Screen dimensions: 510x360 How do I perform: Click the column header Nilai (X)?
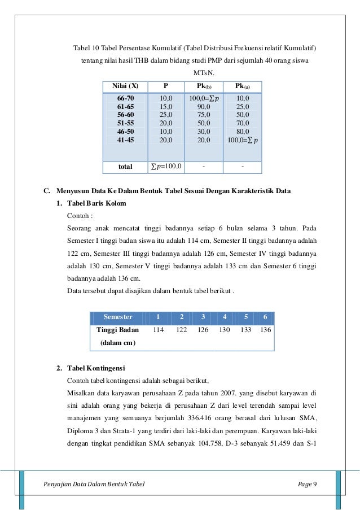point(125,86)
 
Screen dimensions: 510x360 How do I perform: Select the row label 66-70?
point(125,98)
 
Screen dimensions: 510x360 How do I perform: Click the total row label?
point(125,167)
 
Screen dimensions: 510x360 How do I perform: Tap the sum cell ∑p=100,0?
point(165,167)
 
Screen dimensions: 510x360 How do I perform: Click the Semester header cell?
point(118,317)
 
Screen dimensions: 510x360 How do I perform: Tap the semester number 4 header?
point(225,317)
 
